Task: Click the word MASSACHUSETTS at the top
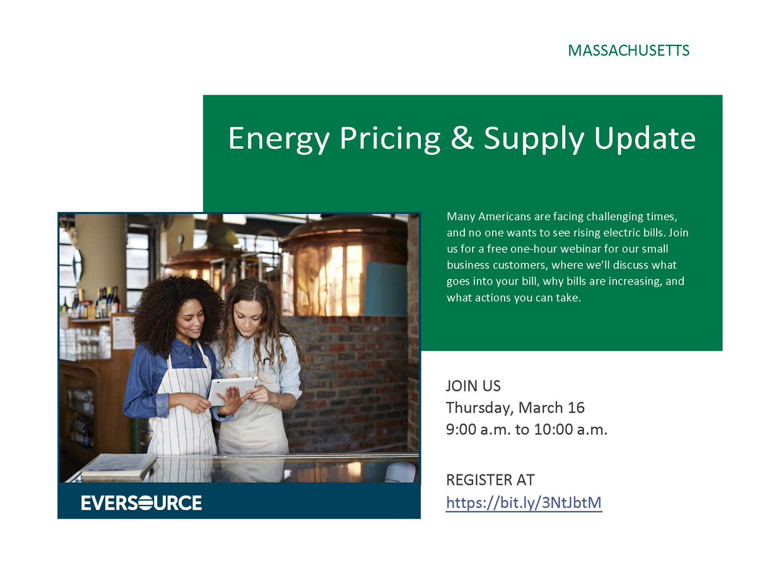(628, 50)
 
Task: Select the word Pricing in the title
(389, 138)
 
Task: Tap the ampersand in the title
(462, 138)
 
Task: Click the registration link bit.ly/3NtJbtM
(524, 502)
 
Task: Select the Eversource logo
(141, 503)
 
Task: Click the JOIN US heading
(473, 386)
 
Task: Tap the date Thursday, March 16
(515, 407)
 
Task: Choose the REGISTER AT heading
(490, 480)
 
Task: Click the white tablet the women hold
(233, 389)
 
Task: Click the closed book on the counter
(119, 466)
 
